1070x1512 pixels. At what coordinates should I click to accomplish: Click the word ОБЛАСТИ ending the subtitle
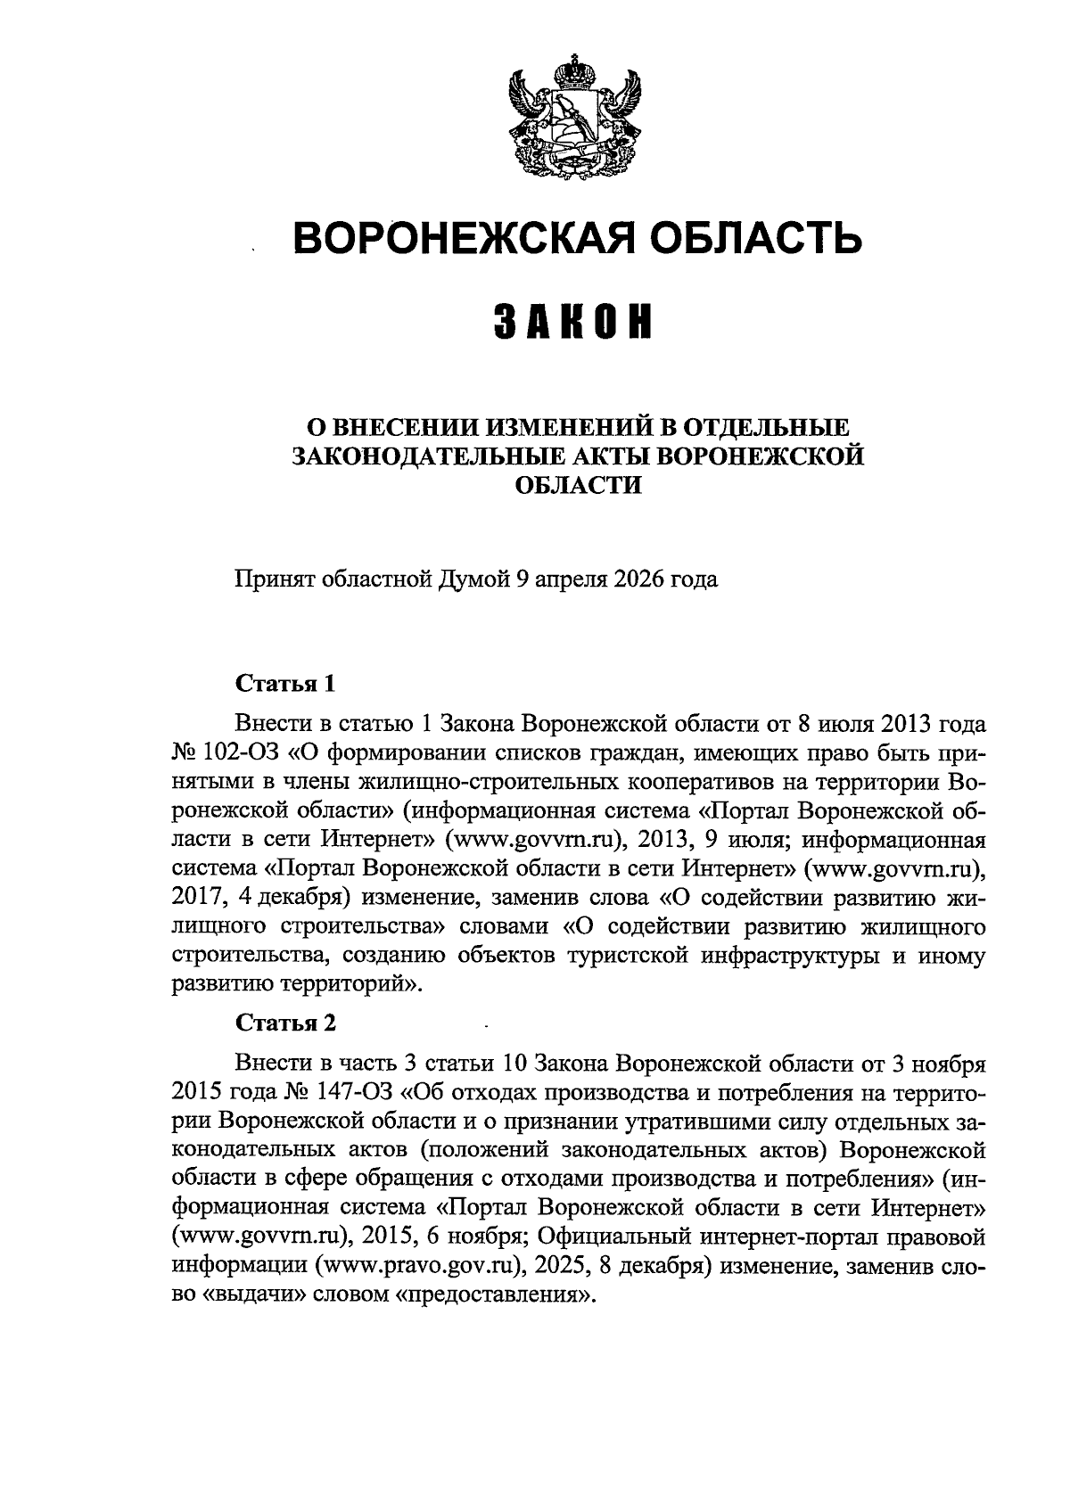[x=580, y=485]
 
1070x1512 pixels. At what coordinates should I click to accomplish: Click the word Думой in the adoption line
[x=473, y=579]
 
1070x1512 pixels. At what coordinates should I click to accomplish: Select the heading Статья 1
[x=285, y=684]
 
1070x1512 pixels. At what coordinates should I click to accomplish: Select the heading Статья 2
[x=285, y=1023]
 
